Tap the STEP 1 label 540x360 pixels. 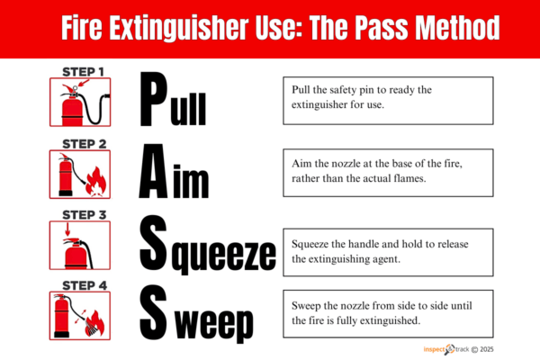pyautogui.click(x=83, y=69)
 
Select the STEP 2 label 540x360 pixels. pyautogui.click(x=83, y=142)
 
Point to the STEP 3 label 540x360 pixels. pyautogui.click(x=83, y=214)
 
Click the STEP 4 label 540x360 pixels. pyautogui.click(x=83, y=285)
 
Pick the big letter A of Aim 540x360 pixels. pyautogui.click(x=156, y=172)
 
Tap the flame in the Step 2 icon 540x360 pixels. pyautogui.click(x=92, y=185)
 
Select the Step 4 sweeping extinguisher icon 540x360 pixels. pyautogui.click(x=77, y=315)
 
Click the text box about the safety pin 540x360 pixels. pyautogui.click(x=388, y=100)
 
